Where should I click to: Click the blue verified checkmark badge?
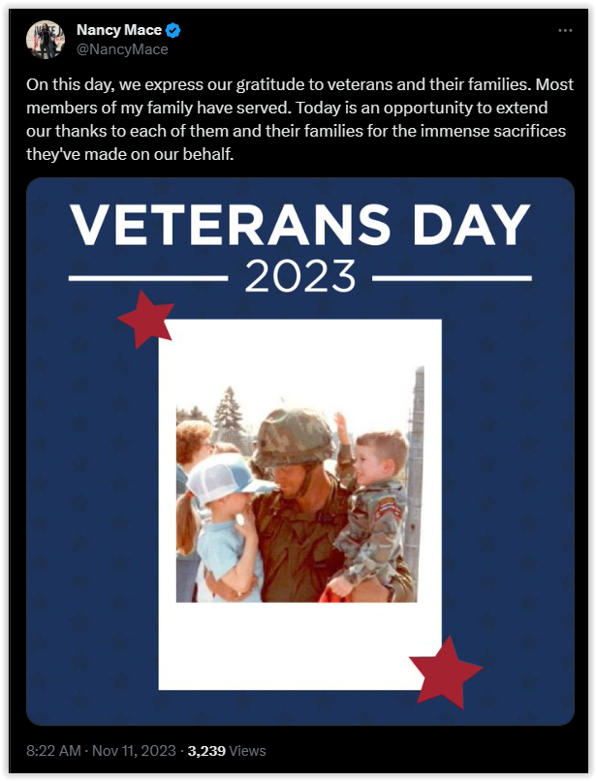[173, 30]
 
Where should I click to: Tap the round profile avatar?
[46, 40]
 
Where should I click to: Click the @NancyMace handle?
[122, 49]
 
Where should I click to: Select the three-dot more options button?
[565, 31]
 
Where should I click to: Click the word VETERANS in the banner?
[231, 224]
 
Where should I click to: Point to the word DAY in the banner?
[471, 224]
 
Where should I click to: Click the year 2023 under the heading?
[300, 276]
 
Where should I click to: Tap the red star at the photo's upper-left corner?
[146, 319]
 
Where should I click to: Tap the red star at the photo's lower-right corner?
[445, 671]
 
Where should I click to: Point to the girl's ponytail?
[186, 523]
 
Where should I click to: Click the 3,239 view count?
[206, 751]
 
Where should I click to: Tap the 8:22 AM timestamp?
[53, 751]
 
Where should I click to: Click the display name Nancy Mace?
[118, 30]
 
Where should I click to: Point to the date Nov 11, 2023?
[134, 751]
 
